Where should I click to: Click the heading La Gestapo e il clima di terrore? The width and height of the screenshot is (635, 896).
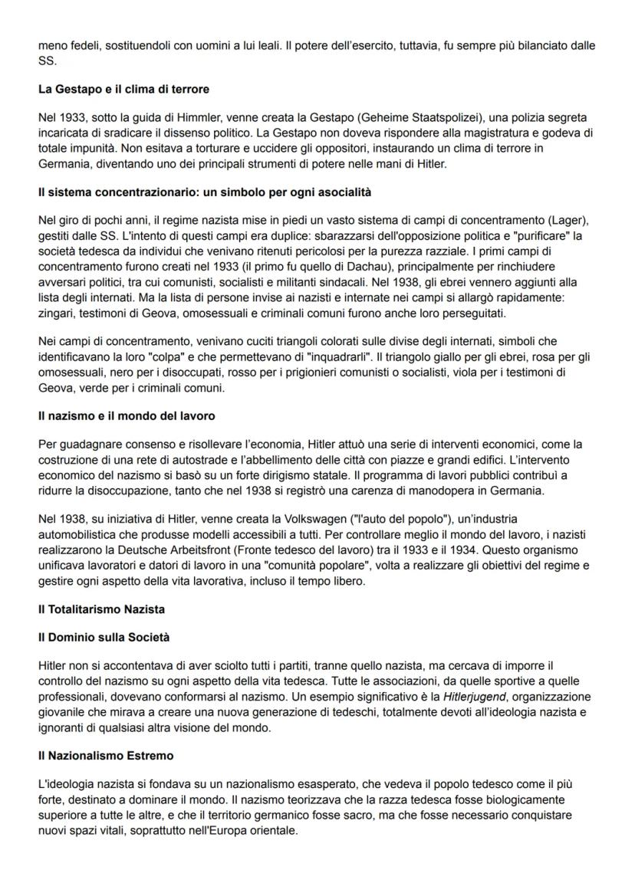tap(123, 89)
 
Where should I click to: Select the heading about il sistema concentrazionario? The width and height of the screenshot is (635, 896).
tap(205, 191)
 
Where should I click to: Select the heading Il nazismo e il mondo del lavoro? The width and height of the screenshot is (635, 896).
tap(127, 415)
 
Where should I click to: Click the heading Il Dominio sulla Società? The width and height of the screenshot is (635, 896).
tap(104, 637)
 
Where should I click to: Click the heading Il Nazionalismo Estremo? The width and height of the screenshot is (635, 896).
tap(106, 755)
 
